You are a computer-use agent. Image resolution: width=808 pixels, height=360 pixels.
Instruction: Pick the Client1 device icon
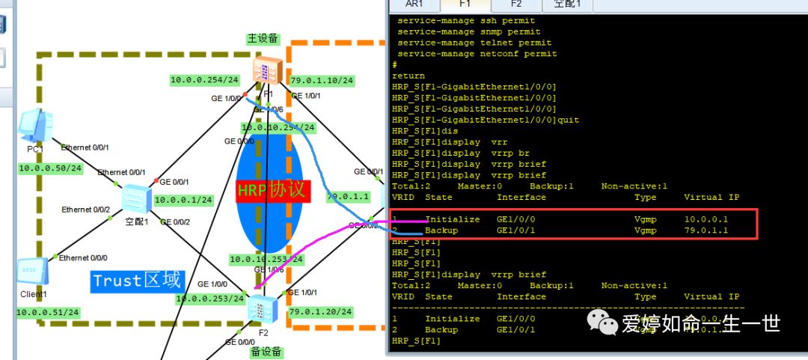[x=31, y=271]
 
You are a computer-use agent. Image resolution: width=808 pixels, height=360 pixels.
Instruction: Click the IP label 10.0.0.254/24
[x=204, y=80]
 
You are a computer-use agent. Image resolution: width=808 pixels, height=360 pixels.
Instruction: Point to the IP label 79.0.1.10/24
[x=322, y=80]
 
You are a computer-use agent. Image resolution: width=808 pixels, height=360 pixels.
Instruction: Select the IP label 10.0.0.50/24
[x=50, y=168]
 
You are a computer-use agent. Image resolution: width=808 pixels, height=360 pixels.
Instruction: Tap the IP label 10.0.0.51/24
[x=49, y=311]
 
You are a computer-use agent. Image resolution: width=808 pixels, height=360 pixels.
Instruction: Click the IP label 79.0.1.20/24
[x=322, y=311]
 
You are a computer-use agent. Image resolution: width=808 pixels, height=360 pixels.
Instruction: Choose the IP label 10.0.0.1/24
[x=183, y=200]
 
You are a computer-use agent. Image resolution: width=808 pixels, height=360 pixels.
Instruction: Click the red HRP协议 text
[x=272, y=190]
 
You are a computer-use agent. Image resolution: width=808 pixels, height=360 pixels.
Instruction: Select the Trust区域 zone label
[x=136, y=281]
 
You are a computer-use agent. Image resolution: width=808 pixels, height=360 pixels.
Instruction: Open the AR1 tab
[x=414, y=4]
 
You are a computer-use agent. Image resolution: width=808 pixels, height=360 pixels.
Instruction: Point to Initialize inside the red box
[x=453, y=219]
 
